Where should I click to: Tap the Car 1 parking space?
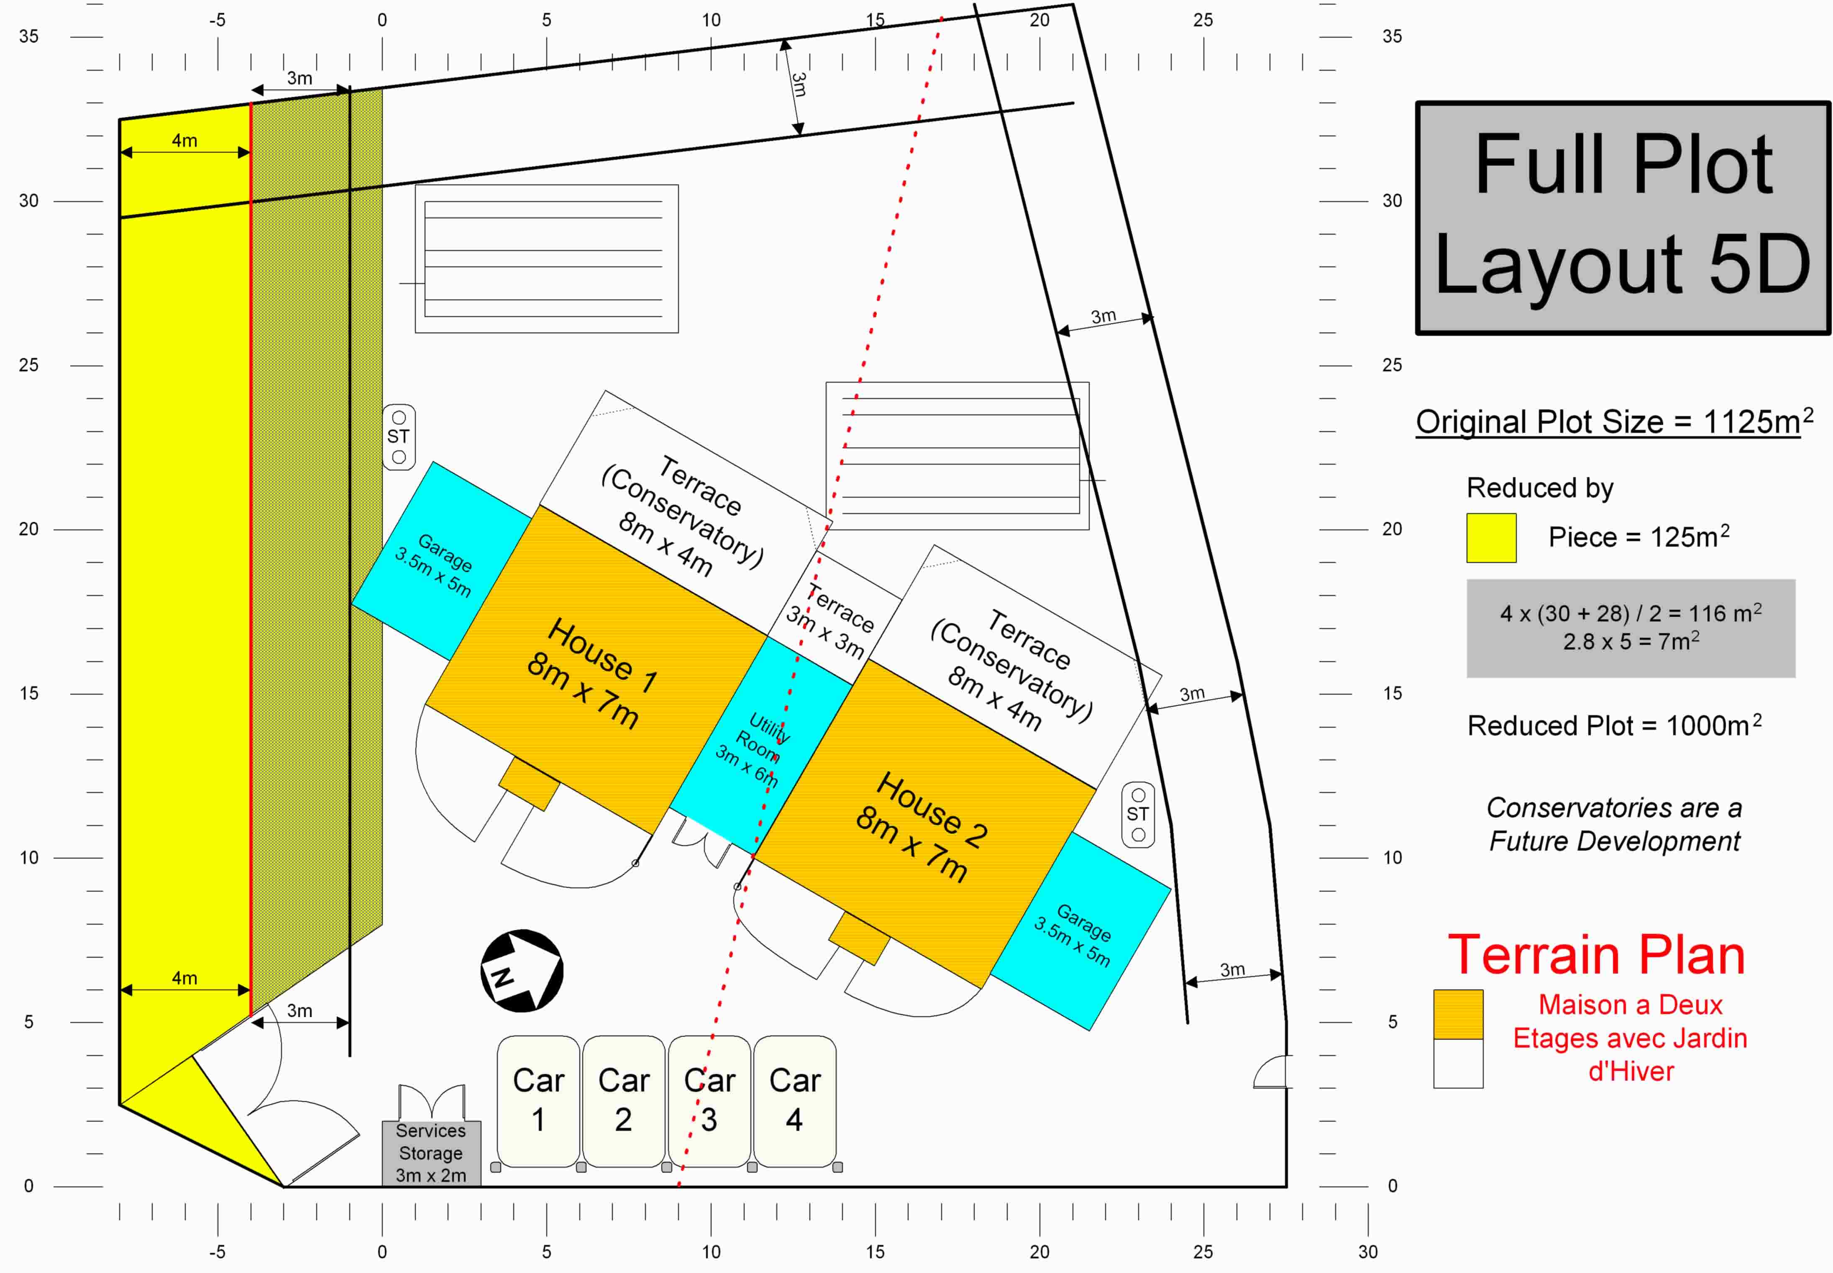coord(538,1101)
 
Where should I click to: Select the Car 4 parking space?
coord(794,1101)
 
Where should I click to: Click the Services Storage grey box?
coord(431,1153)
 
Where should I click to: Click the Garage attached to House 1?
coord(441,560)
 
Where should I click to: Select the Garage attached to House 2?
coord(1081,931)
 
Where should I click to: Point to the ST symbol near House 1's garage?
coord(399,437)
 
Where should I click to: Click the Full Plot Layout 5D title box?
coord(1623,218)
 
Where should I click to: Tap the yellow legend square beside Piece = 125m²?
coord(1491,538)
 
